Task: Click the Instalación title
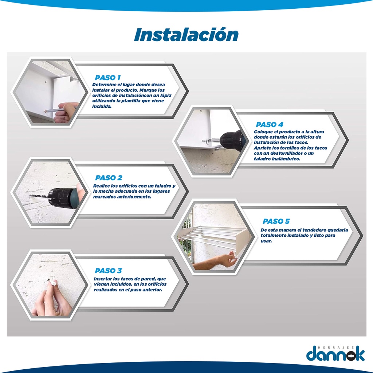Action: point(186,35)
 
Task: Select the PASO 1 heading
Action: point(108,78)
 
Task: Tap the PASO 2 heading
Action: point(109,178)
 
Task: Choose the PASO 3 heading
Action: point(108,271)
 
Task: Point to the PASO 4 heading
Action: point(270,125)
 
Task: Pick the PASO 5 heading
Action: point(276,221)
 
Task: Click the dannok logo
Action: point(335,354)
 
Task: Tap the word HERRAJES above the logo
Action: point(336,348)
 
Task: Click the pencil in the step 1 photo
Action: point(59,110)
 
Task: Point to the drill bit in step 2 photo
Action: point(39,197)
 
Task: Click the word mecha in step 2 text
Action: point(105,191)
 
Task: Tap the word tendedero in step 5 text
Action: point(314,230)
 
